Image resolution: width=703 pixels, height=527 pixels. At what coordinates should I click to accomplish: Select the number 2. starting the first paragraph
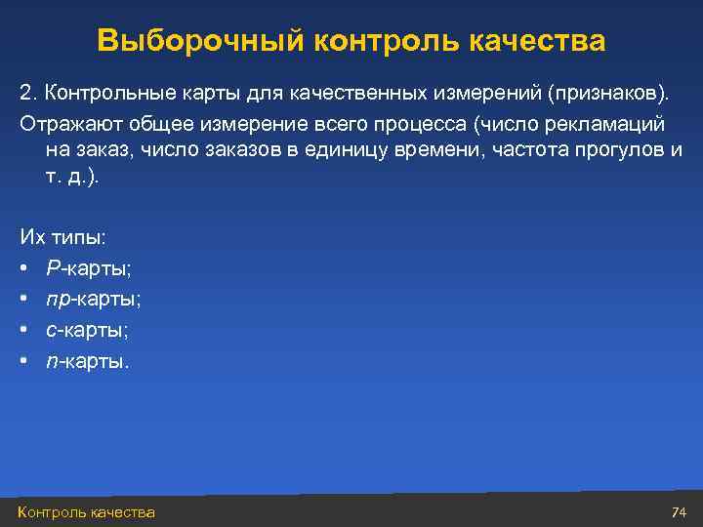pyautogui.click(x=28, y=93)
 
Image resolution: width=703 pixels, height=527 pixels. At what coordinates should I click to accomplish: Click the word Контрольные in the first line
pyautogui.click(x=96, y=93)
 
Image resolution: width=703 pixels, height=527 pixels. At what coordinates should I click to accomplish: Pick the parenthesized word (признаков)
pyautogui.click(x=609, y=93)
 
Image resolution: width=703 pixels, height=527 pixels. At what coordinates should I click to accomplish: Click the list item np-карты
pyautogui.click(x=93, y=299)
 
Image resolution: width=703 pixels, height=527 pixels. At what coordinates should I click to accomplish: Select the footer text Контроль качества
pyautogui.click(x=86, y=512)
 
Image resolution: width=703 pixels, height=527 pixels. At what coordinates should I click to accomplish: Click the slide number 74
pyautogui.click(x=680, y=512)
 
